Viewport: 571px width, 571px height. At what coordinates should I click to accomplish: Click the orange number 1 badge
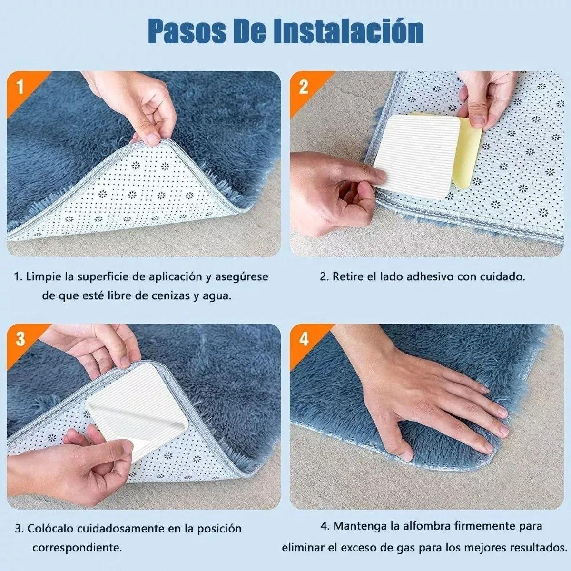click(x=20, y=87)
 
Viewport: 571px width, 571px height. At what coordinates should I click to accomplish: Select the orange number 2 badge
click(x=304, y=87)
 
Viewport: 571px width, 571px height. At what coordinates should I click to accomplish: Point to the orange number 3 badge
click(x=20, y=339)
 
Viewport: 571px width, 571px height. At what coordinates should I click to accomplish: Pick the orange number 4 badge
click(x=305, y=339)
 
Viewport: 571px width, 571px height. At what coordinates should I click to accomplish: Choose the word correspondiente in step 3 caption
click(x=78, y=548)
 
